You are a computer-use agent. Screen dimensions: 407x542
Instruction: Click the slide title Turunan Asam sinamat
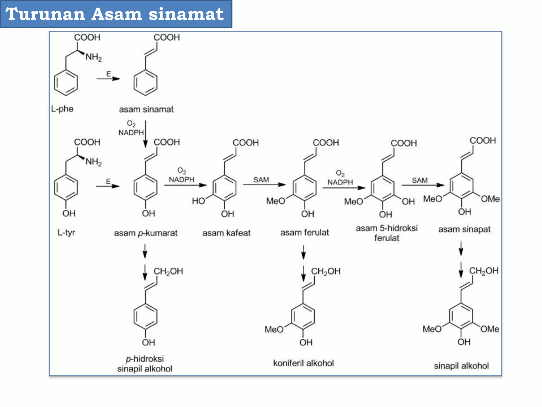pyautogui.click(x=115, y=14)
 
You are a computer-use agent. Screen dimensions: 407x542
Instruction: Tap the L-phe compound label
pyautogui.click(x=62, y=109)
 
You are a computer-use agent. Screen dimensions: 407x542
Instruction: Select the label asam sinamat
pyautogui.click(x=146, y=109)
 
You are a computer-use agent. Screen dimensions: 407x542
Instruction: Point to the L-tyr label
pyautogui.click(x=66, y=233)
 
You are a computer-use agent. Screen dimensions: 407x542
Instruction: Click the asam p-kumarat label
pyautogui.click(x=146, y=233)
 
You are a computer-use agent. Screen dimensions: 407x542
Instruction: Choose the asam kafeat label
pyautogui.click(x=226, y=233)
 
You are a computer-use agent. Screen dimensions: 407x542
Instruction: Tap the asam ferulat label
pyautogui.click(x=305, y=233)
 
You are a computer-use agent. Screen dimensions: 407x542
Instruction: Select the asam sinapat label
pyautogui.click(x=464, y=229)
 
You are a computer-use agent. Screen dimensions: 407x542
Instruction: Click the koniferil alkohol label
pyautogui.click(x=303, y=363)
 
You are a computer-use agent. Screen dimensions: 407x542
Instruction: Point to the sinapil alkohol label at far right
pyautogui.click(x=461, y=366)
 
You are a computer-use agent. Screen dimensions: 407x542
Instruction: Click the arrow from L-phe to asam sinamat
pyautogui.click(x=108, y=79)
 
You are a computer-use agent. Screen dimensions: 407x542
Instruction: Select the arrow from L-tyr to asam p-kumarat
pyautogui.click(x=108, y=186)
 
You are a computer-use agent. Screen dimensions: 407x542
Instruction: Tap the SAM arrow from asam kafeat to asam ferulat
pyautogui.click(x=264, y=184)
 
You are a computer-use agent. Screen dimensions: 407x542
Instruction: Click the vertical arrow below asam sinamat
pyautogui.click(x=145, y=134)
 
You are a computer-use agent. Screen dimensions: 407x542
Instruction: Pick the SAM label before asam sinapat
pyautogui.click(x=419, y=180)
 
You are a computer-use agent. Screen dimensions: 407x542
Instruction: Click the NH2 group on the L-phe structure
pyautogui.click(x=93, y=57)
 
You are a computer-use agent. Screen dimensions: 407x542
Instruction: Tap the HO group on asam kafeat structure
pyautogui.click(x=198, y=201)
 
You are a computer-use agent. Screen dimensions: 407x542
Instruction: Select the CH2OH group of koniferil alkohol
pyautogui.click(x=326, y=271)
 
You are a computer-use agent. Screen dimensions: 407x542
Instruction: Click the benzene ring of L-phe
pyautogui.click(x=66, y=82)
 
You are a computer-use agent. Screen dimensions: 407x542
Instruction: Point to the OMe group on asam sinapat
pyautogui.click(x=490, y=199)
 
